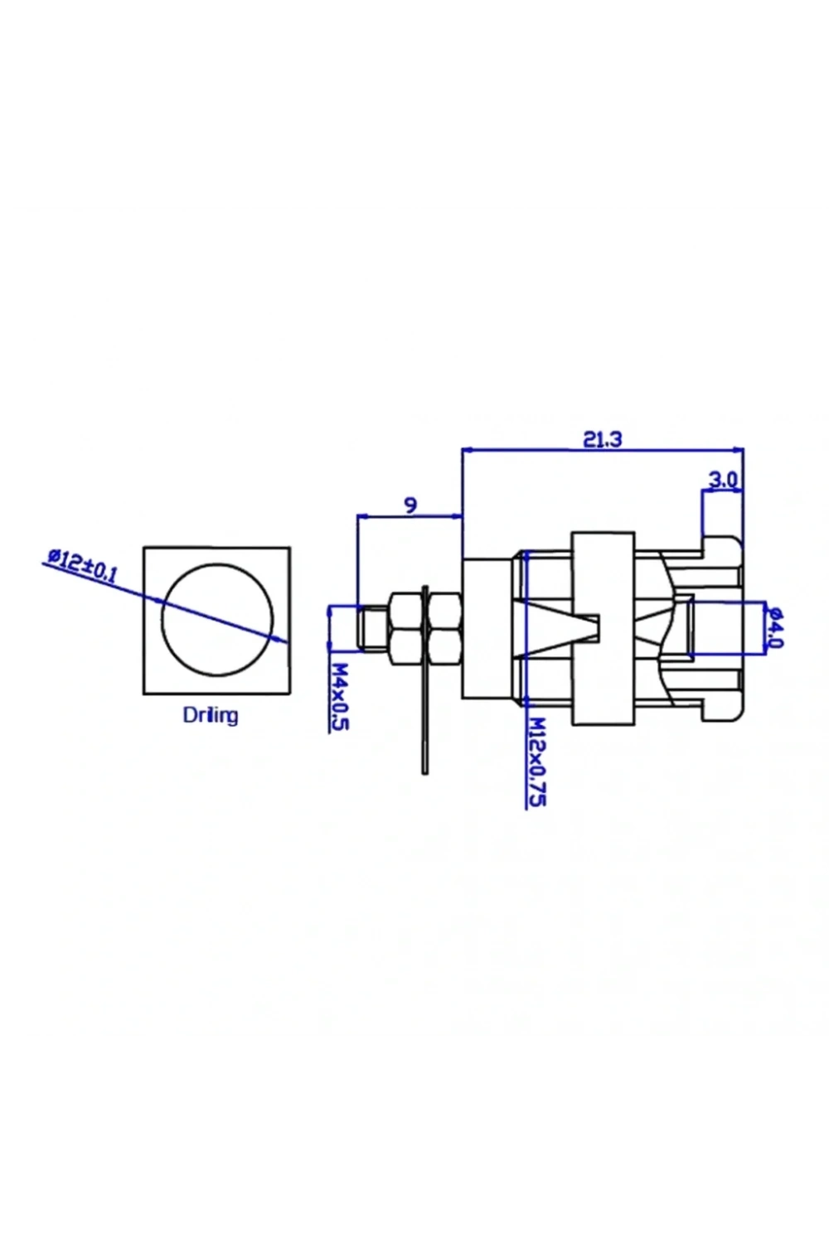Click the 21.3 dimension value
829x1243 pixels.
(x=603, y=439)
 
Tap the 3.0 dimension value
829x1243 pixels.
(x=724, y=480)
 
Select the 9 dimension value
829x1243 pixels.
(x=410, y=505)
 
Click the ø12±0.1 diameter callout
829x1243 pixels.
(x=82, y=565)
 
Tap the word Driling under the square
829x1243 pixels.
(x=211, y=715)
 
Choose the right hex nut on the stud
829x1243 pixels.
(x=445, y=628)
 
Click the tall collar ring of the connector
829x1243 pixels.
(x=603, y=628)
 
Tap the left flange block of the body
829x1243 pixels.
(x=487, y=628)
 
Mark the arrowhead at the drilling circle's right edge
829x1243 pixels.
(x=282, y=639)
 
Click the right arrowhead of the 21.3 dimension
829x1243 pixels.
(x=738, y=449)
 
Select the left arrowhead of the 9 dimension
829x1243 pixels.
(x=364, y=516)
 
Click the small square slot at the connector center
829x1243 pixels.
(x=594, y=627)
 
